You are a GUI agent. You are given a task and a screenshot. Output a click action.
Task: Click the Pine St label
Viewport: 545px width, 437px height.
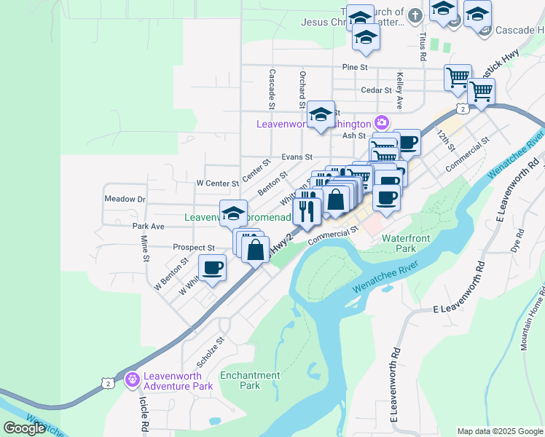pos(353,66)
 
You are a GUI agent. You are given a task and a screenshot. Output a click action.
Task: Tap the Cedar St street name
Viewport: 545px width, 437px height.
pos(377,90)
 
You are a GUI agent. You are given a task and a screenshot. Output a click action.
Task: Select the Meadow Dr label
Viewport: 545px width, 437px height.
pos(125,199)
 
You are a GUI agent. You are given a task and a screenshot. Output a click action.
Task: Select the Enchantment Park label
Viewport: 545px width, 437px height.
pos(250,380)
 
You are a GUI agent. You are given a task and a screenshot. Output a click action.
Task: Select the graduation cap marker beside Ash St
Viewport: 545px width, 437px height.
pos(321,114)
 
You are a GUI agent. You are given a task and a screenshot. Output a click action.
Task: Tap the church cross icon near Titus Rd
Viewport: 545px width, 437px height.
pos(415,15)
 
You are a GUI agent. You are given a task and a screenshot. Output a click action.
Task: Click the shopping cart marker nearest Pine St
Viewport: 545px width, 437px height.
pos(458,76)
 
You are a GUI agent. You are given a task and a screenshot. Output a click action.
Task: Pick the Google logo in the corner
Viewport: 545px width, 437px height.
pos(24,428)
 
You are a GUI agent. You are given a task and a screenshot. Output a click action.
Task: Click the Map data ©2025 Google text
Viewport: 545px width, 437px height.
pos(499,431)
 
